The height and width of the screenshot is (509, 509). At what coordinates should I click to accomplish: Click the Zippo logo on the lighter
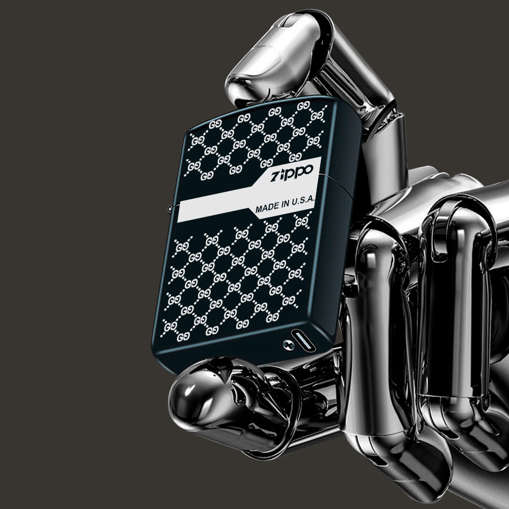[292, 173]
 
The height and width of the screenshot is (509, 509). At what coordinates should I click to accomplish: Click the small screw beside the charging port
[288, 345]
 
